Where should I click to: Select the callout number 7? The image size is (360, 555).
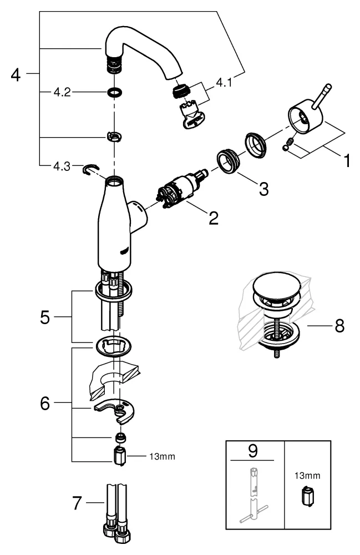point(78,504)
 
